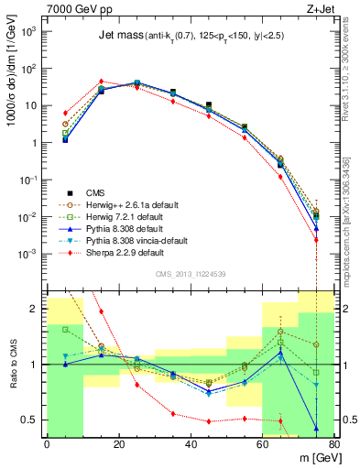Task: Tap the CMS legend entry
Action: click(x=97, y=193)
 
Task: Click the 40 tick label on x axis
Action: click(x=191, y=445)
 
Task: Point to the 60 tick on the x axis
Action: click(x=262, y=445)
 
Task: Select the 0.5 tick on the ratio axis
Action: click(x=33, y=420)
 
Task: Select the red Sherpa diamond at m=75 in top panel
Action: click(x=316, y=240)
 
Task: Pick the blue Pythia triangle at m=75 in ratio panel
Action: click(x=316, y=428)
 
